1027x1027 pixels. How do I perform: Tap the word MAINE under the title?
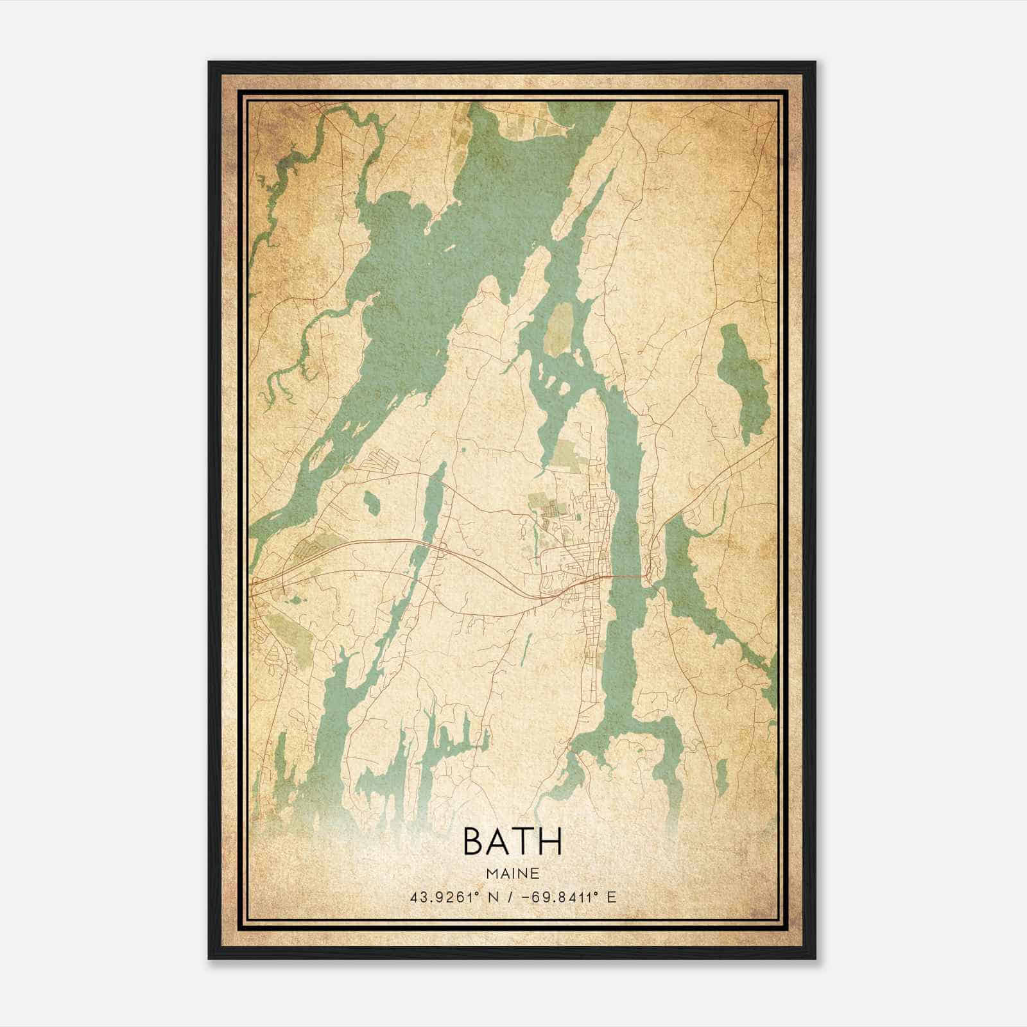[512, 874]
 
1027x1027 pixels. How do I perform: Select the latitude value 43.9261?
[442, 897]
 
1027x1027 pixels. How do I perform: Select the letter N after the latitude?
[492, 897]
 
